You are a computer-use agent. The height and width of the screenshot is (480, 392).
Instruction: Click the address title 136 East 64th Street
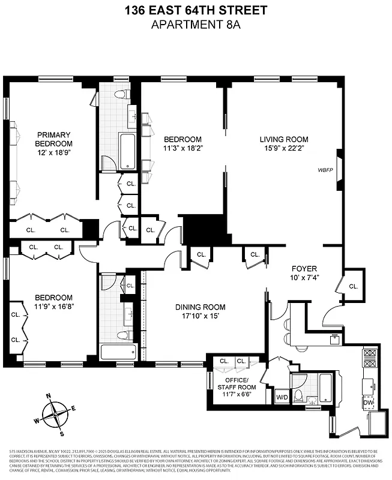tap(196, 10)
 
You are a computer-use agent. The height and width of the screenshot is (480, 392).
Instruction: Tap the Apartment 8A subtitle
tap(196, 24)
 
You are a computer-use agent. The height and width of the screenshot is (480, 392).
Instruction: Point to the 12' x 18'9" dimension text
tap(53, 153)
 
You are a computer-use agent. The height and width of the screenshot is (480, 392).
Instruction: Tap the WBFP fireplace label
tap(325, 170)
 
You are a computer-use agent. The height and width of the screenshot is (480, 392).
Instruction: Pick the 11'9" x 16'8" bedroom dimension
tap(53, 307)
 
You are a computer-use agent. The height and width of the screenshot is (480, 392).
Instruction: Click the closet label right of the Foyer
tap(353, 286)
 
